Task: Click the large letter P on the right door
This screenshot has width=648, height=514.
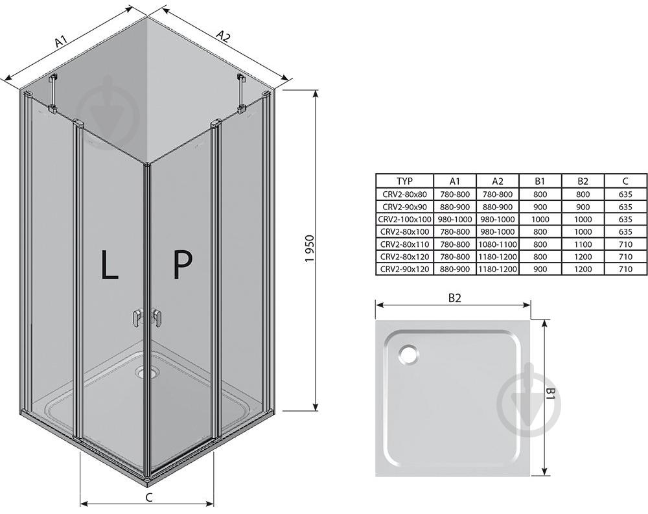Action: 182,264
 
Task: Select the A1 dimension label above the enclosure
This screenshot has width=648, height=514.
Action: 62,41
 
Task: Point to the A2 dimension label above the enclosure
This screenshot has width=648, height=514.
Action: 224,37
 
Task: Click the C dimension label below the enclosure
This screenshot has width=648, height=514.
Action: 149,497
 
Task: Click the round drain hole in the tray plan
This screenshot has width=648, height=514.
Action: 409,353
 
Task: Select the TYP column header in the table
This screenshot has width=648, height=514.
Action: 404,181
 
